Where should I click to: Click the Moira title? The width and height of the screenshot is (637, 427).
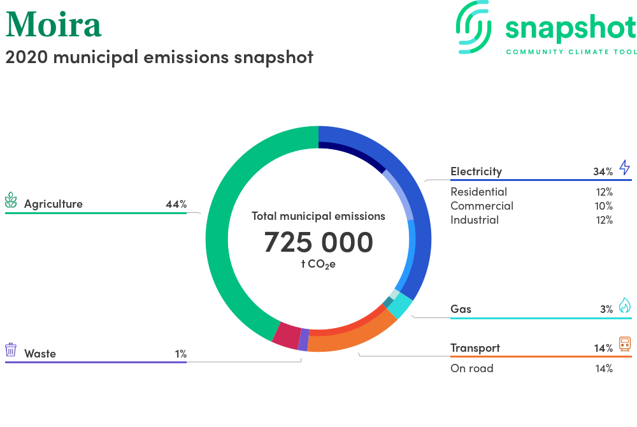[54, 24]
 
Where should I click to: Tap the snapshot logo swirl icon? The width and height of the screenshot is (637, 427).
[473, 27]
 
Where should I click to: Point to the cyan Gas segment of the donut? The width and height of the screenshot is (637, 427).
[400, 305]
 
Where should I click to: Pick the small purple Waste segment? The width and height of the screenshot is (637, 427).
[303, 340]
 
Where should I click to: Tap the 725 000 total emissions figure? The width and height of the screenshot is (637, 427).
[318, 242]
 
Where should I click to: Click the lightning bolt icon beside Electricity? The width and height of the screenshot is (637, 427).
[625, 168]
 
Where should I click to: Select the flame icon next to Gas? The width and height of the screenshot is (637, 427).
[625, 305]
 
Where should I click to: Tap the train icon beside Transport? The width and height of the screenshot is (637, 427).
[626, 344]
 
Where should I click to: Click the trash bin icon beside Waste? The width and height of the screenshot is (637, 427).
[11, 349]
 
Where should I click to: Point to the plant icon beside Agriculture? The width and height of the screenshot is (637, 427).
[11, 200]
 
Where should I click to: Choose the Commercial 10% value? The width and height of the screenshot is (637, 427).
[604, 206]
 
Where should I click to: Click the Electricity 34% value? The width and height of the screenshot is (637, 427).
[603, 172]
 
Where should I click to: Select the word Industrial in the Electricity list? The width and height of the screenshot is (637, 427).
[475, 220]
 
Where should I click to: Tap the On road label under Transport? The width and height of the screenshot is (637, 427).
[471, 368]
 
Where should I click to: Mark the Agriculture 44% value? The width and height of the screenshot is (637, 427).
[176, 204]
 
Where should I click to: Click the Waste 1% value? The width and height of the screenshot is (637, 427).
[181, 354]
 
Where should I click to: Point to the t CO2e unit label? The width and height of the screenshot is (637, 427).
[318, 264]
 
